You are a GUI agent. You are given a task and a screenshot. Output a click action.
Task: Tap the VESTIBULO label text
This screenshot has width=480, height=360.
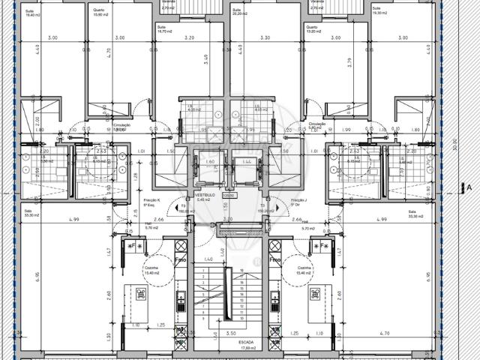(205, 196)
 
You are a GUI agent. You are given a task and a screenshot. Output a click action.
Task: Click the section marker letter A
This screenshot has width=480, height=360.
(469, 188)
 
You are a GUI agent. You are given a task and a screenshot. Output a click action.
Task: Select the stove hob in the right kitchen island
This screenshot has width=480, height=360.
(315, 293)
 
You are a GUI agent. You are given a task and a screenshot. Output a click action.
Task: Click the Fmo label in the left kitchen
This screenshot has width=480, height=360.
(181, 259)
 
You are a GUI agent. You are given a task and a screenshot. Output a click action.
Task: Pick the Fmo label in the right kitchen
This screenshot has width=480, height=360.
(275, 259)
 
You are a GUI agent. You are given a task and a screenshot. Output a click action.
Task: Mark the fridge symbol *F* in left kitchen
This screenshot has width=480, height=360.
(137, 247)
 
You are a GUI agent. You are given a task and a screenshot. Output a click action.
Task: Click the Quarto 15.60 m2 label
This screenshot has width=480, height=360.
(98, 13)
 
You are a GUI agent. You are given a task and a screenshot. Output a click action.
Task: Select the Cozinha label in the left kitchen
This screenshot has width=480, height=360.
(152, 270)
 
